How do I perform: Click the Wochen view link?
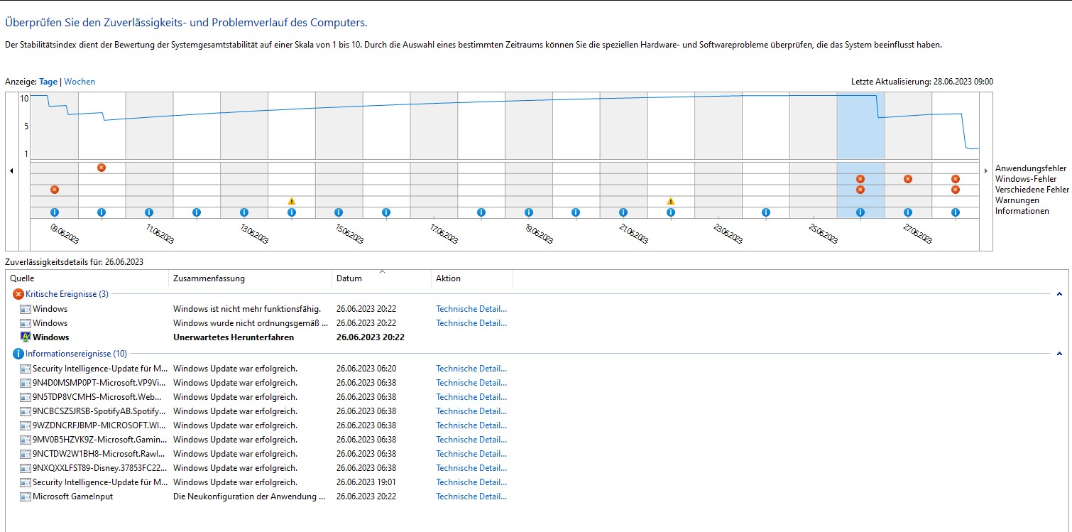(80, 82)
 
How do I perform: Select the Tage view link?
(48, 82)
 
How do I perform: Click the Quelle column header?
(22, 278)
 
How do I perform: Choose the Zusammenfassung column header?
(209, 278)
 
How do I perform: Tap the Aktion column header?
(448, 278)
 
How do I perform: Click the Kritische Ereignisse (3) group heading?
(67, 294)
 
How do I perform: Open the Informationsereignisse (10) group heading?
(76, 354)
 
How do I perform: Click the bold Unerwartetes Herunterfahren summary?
(234, 337)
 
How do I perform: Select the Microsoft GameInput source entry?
(72, 496)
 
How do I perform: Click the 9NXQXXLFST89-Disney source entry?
(99, 468)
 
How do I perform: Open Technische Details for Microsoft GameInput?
(471, 496)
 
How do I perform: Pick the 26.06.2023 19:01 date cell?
(366, 482)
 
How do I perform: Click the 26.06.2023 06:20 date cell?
(366, 369)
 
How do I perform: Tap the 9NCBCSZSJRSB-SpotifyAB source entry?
(99, 411)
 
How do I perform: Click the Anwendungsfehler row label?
(1031, 168)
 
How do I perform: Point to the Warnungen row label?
(1017, 200)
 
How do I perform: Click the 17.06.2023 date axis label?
(444, 234)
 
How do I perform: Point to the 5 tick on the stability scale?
(26, 126)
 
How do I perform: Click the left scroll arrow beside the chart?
(11, 170)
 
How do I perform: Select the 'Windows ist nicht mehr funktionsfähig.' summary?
(247, 309)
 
